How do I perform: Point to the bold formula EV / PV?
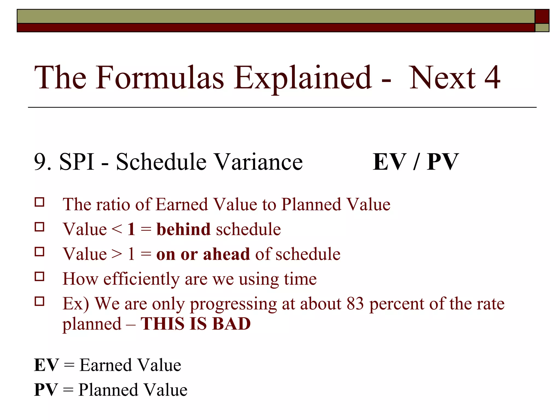[x=416, y=162]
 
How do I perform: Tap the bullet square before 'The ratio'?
[x=40, y=202]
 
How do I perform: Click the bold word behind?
[x=183, y=229]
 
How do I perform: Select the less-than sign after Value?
[x=117, y=229]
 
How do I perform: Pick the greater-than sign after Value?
[x=117, y=254]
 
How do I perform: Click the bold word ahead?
[x=226, y=254]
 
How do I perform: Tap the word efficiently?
[x=141, y=279]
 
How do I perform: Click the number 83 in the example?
[x=355, y=304]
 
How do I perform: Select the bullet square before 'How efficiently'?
[x=40, y=277]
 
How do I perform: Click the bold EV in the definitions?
[x=46, y=365]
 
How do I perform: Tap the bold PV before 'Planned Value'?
[x=46, y=390]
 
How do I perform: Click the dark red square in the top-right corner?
[x=542, y=16]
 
